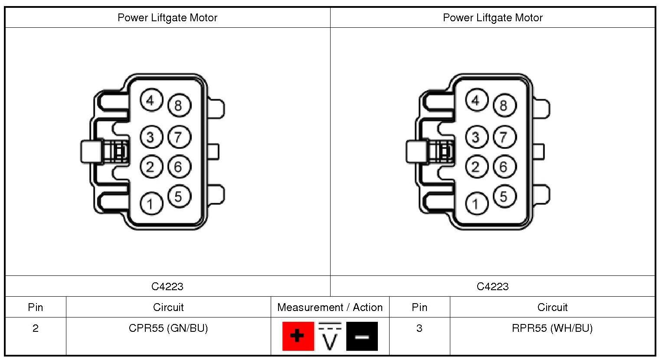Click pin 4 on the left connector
(x=151, y=101)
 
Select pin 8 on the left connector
(x=178, y=105)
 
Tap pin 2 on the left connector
(x=151, y=167)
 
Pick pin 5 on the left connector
(x=178, y=196)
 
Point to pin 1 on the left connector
(x=151, y=203)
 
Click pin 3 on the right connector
(x=476, y=137)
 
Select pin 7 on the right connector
(x=504, y=137)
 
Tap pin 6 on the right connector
(x=504, y=167)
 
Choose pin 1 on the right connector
(x=476, y=203)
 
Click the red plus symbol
(x=298, y=336)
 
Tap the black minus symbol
(x=362, y=336)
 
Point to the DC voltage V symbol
(x=330, y=337)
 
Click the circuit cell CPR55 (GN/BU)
(x=168, y=328)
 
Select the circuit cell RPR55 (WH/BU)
(x=552, y=328)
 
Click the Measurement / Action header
(x=330, y=308)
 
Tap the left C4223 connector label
(x=167, y=287)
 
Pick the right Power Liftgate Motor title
(x=492, y=18)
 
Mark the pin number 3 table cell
(x=419, y=328)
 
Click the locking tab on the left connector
(x=92, y=152)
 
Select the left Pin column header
(x=36, y=308)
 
